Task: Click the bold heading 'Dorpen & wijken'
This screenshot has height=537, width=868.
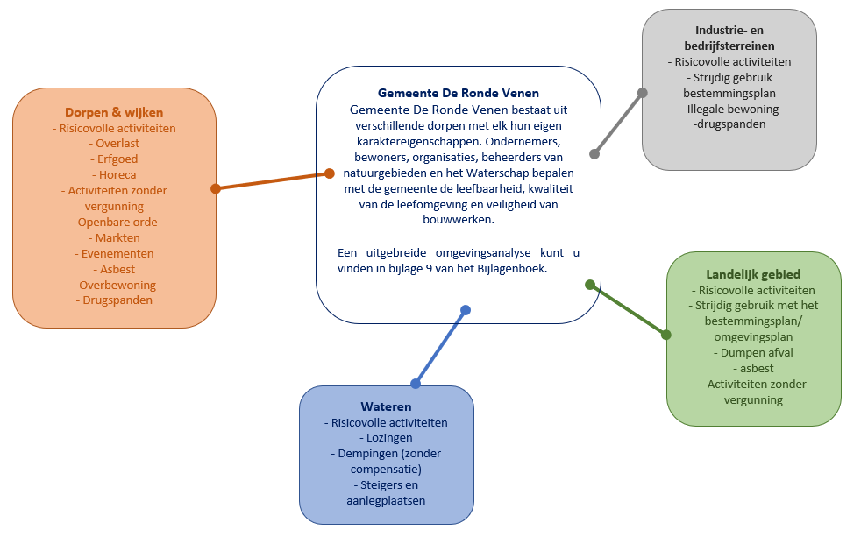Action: click(x=114, y=112)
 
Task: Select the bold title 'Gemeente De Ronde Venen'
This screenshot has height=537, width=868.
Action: click(x=459, y=93)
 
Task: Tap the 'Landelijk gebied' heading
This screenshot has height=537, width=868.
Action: click(x=753, y=274)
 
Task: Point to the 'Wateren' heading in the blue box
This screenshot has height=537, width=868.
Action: click(x=386, y=406)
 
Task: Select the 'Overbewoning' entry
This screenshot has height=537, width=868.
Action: click(x=117, y=286)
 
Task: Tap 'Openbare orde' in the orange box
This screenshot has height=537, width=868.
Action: click(x=117, y=223)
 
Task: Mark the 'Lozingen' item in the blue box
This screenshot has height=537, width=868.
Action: click(x=386, y=438)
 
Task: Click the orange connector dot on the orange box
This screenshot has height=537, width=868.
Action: click(x=216, y=188)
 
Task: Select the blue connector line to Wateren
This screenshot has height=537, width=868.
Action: click(x=441, y=346)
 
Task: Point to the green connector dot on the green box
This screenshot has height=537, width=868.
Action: click(x=665, y=335)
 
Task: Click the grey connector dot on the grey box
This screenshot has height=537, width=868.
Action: click(x=643, y=93)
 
